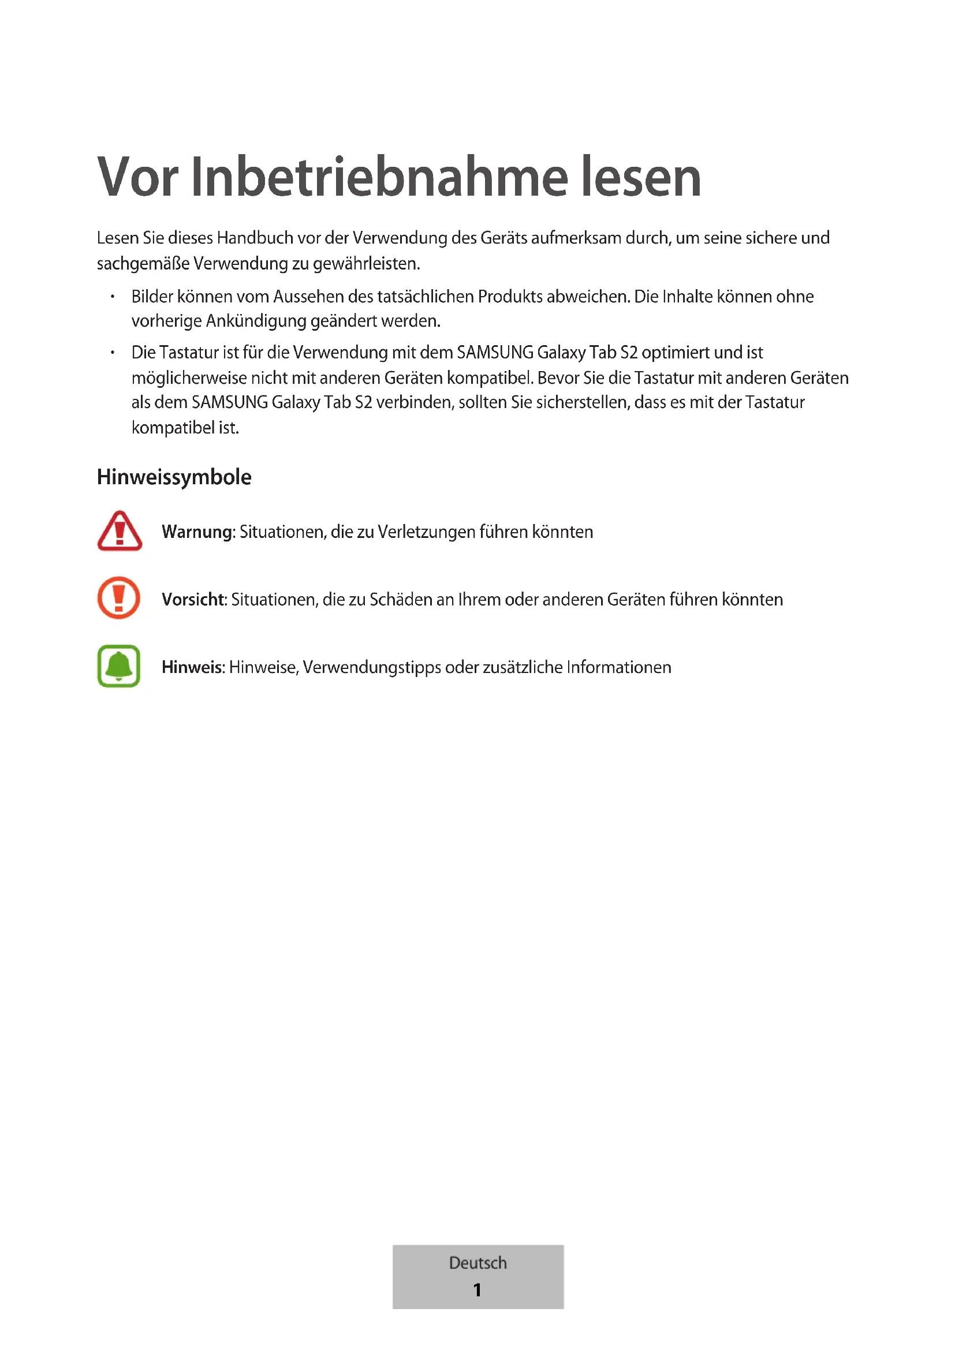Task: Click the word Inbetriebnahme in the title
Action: click(x=379, y=178)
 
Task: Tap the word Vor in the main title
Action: click(x=137, y=178)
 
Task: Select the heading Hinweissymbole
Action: click(x=174, y=477)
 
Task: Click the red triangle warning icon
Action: click(x=120, y=531)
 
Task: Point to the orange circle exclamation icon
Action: click(x=119, y=598)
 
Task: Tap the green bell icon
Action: click(x=119, y=666)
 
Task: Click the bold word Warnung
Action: click(x=197, y=532)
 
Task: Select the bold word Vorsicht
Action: click(x=193, y=599)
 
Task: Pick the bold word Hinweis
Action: click(x=192, y=667)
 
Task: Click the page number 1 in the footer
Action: click(x=477, y=1289)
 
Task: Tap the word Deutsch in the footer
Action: click(x=477, y=1262)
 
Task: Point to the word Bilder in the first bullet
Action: click(x=152, y=296)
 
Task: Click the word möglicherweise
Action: click(x=189, y=377)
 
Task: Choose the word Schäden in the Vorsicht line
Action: click(x=401, y=599)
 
